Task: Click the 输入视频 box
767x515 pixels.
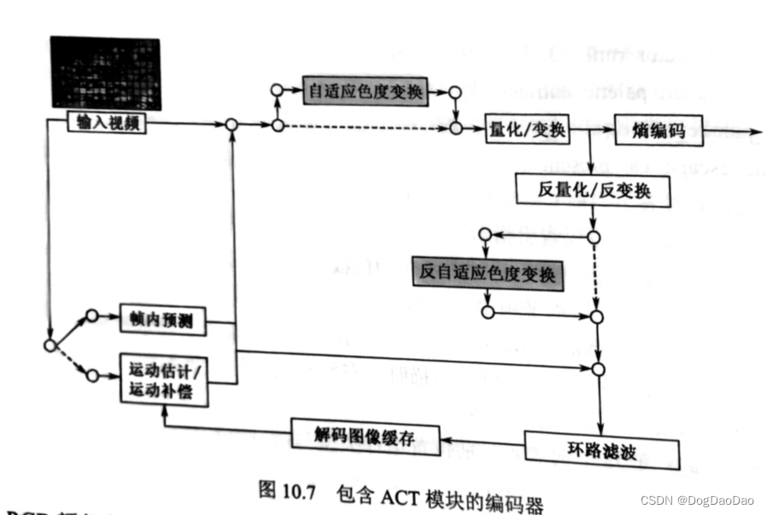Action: [107, 124]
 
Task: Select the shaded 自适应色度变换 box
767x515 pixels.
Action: [365, 90]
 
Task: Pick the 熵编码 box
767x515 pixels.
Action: [659, 132]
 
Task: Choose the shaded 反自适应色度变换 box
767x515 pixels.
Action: [487, 273]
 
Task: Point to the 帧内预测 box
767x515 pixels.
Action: [162, 322]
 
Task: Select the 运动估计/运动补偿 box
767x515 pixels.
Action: [166, 378]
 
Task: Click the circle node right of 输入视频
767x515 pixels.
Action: [231, 126]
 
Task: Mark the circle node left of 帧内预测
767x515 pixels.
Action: [92, 316]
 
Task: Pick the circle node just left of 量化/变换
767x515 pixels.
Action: [456, 128]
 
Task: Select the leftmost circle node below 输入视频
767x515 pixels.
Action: [50, 345]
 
